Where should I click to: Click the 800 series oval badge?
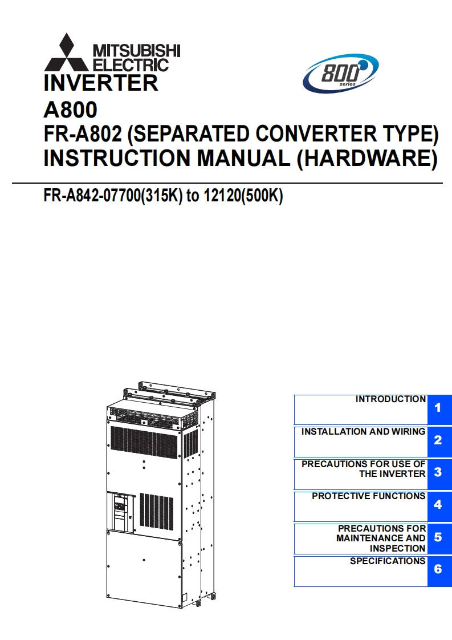coord(340,74)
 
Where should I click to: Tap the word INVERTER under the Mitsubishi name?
coord(101,83)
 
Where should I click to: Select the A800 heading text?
coord(70,109)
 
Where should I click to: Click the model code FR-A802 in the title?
coord(83,134)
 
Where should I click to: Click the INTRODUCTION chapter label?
coord(390,399)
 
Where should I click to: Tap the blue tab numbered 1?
coord(438,408)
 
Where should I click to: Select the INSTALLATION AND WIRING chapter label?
coord(363,432)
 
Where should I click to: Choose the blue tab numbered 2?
coord(438,440)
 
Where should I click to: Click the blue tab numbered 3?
coord(438,472)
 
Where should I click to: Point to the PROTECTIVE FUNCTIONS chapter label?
coord(368,496)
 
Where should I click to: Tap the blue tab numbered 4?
coord(438,505)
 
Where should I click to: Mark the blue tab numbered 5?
coord(438,537)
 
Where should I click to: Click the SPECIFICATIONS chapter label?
coord(388,561)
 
